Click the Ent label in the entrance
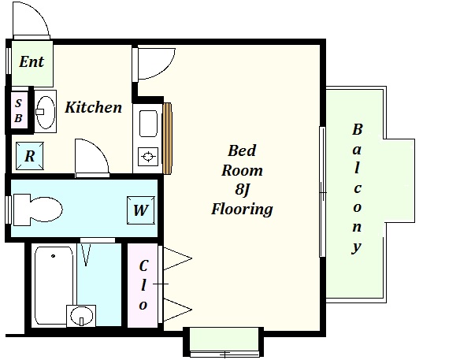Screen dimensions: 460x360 [x=32, y=61]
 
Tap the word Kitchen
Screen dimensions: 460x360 [x=93, y=107]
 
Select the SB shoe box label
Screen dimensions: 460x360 [x=18, y=110]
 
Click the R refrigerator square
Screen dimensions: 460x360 [x=30, y=156]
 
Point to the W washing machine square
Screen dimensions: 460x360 [x=141, y=210]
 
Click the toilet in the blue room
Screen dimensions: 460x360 [x=38, y=210]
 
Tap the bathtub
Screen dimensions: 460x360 [x=54, y=285]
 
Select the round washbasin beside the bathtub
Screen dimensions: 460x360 [x=81, y=316]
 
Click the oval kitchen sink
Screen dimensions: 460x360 [x=46, y=112]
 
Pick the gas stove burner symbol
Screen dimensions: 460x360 [x=148, y=156]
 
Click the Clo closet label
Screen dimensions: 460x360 [x=143, y=285]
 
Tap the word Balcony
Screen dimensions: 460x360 [x=357, y=189]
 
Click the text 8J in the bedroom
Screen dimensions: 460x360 [x=242, y=190]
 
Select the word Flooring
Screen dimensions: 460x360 [x=242, y=210]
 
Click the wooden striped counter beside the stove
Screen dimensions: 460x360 [x=167, y=139]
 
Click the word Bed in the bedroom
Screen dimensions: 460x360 [x=242, y=150]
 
